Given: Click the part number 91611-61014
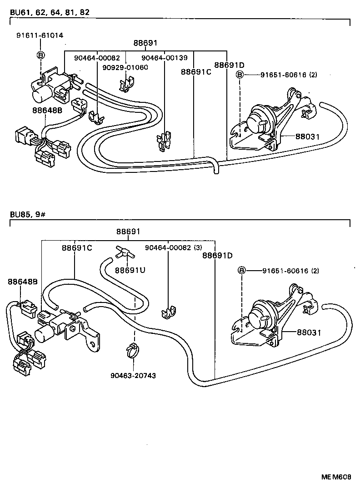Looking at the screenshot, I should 40,35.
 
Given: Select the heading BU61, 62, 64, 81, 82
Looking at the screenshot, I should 45,12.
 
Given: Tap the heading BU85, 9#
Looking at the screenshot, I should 26,214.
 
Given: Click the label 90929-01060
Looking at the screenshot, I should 125,67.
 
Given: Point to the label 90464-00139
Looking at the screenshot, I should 164,58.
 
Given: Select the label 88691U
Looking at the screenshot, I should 130,270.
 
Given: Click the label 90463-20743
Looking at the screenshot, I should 134,375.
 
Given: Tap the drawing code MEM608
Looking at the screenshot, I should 336,477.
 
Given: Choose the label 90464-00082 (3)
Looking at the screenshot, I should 173,247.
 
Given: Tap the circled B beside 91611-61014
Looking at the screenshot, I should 40,55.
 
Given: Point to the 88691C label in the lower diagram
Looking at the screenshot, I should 77,247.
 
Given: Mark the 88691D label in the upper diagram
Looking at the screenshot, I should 229,65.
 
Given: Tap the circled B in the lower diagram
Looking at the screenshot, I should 242,271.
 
